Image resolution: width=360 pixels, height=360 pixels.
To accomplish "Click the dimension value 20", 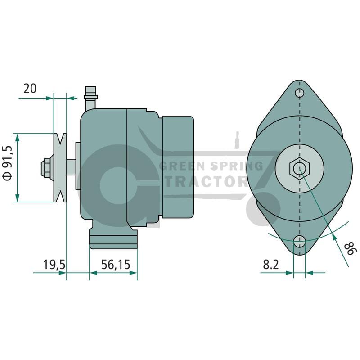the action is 30,88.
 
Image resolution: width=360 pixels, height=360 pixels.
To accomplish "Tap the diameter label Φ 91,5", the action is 7,163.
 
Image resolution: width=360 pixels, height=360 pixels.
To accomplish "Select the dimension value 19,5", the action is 54,265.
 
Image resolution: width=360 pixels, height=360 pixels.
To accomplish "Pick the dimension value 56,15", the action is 116,264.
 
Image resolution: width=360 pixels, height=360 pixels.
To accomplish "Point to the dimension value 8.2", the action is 271,265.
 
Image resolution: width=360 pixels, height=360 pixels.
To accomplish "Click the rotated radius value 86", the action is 351,248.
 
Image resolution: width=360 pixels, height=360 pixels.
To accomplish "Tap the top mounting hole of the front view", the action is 300,93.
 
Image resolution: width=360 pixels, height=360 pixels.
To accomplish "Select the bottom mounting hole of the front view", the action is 300,241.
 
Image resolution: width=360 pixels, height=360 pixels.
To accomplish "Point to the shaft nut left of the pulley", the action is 46,167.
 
